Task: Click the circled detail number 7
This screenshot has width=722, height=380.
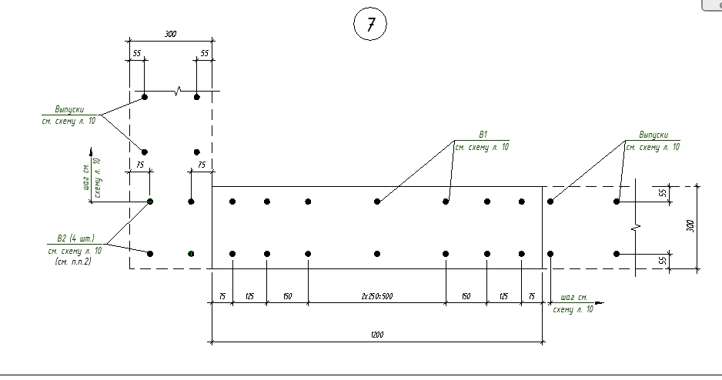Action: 369,25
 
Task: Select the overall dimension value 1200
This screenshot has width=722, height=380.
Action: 376,335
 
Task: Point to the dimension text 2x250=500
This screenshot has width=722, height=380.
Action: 376,295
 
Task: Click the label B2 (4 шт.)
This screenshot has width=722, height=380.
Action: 70,238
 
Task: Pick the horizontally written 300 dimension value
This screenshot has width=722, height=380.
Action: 170,34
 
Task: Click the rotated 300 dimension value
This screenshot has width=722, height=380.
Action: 690,226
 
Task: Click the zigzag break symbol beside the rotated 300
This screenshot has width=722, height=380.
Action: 637,228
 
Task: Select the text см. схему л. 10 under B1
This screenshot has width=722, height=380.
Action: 482,146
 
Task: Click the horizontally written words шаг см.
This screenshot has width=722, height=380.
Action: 574,296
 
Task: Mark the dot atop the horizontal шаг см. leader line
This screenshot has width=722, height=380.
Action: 550,253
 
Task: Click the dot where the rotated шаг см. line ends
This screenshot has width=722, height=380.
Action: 150,202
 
